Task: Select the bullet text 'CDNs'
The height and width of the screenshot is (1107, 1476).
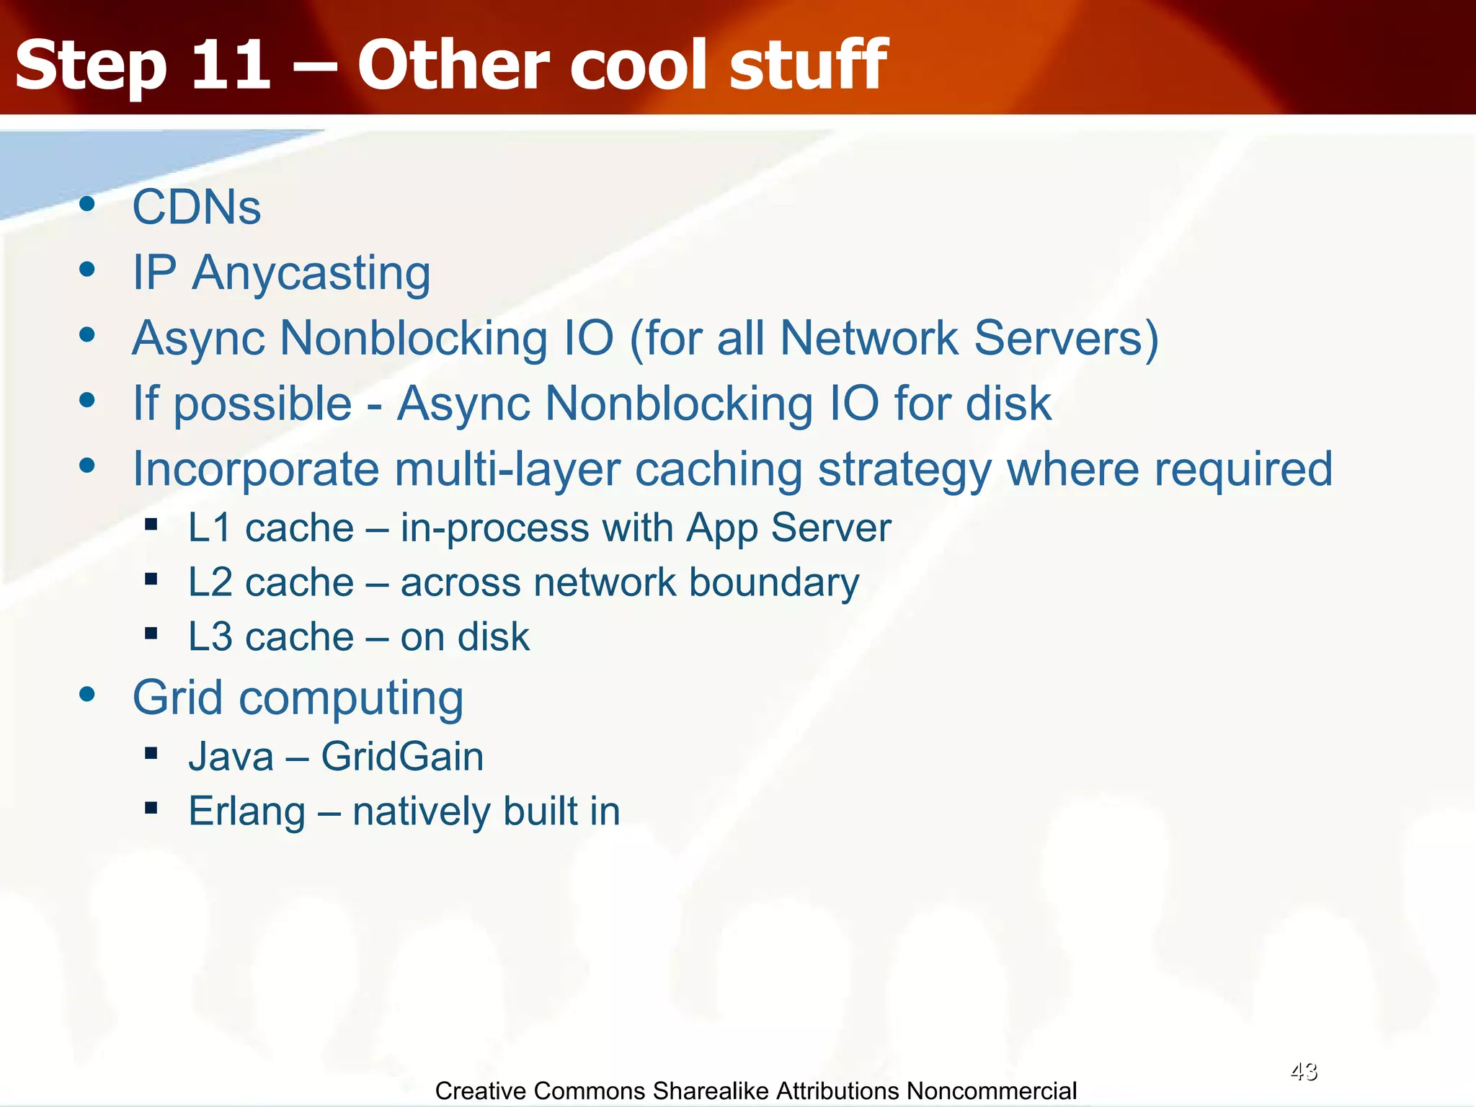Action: [x=196, y=208]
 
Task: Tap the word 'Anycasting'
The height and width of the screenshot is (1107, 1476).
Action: [x=311, y=274]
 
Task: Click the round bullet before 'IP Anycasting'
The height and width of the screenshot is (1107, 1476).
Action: [x=87, y=270]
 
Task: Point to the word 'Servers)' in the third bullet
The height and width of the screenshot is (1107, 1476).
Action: [x=1066, y=339]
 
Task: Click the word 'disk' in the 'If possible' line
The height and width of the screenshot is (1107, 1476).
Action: [x=1008, y=404]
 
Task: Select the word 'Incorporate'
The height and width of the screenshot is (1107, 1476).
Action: [x=256, y=470]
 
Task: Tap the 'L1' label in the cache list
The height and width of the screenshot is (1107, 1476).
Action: [x=210, y=528]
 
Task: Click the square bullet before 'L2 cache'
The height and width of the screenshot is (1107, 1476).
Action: [x=151, y=579]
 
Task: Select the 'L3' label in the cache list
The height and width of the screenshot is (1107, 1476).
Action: [x=210, y=637]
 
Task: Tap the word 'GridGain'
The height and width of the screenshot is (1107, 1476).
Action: [x=402, y=757]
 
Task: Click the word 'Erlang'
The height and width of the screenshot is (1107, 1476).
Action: [x=246, y=812]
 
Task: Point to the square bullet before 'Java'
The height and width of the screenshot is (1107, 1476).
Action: [x=151, y=753]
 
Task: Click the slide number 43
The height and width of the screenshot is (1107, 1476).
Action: [x=1303, y=1072]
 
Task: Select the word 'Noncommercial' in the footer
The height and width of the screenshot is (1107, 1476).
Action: [x=991, y=1091]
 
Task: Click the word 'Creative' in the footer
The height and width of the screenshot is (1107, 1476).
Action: [x=480, y=1091]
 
